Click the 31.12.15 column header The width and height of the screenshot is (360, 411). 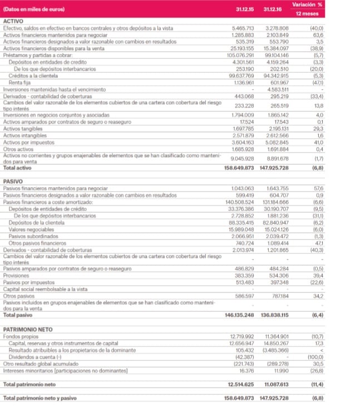tap(242, 9)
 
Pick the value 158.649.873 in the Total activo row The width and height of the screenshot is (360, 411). tap(243, 168)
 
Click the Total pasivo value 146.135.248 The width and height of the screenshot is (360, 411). tap(243, 315)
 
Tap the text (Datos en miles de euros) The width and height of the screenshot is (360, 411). tap(34, 9)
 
